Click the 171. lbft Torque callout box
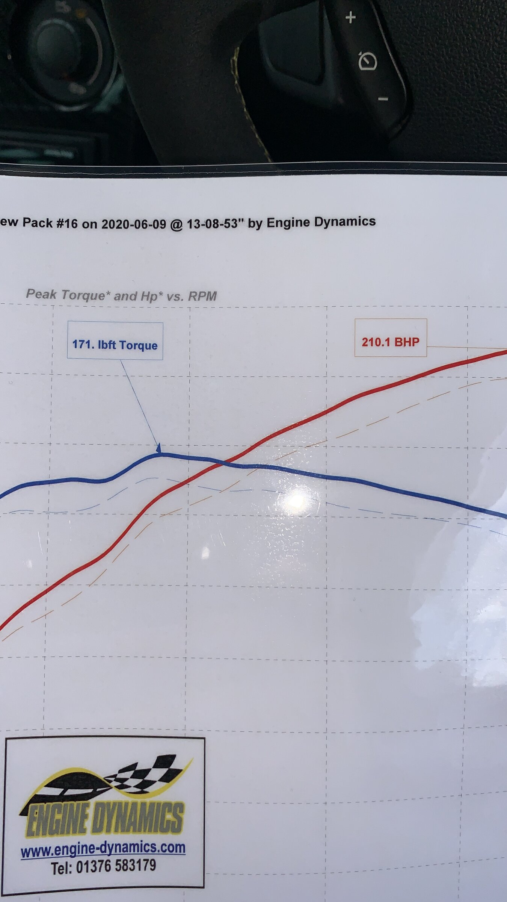[115, 341]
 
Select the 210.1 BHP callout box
[391, 337]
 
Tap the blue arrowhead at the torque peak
[159, 448]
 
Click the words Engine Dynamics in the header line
[321, 222]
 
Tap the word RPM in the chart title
[202, 297]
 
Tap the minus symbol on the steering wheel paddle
[383, 99]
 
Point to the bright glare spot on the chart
[297, 500]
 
